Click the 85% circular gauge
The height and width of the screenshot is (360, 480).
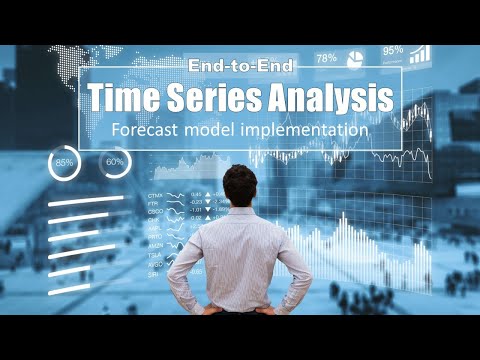click(x=65, y=161)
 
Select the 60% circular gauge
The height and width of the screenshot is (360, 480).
click(x=114, y=161)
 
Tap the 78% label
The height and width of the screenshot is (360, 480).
click(x=326, y=59)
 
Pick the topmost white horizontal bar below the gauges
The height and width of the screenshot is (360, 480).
click(x=85, y=200)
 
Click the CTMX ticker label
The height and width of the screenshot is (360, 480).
click(x=155, y=194)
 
